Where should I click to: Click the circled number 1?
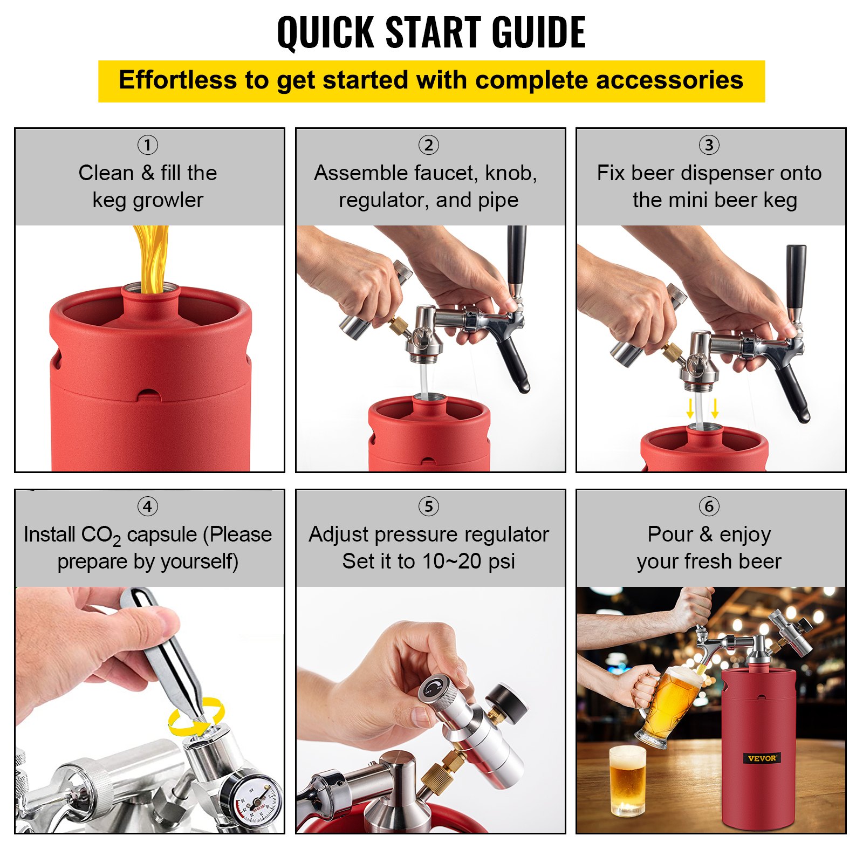tap(147, 145)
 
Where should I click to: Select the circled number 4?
tap(147, 506)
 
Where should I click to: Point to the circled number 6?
tap(709, 506)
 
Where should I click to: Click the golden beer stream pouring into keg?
tap(152, 256)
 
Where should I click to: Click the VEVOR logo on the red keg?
tap(762, 758)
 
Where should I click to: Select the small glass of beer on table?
tap(627, 779)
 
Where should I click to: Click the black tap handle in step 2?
tap(516, 256)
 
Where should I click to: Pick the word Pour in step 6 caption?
tap(669, 535)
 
